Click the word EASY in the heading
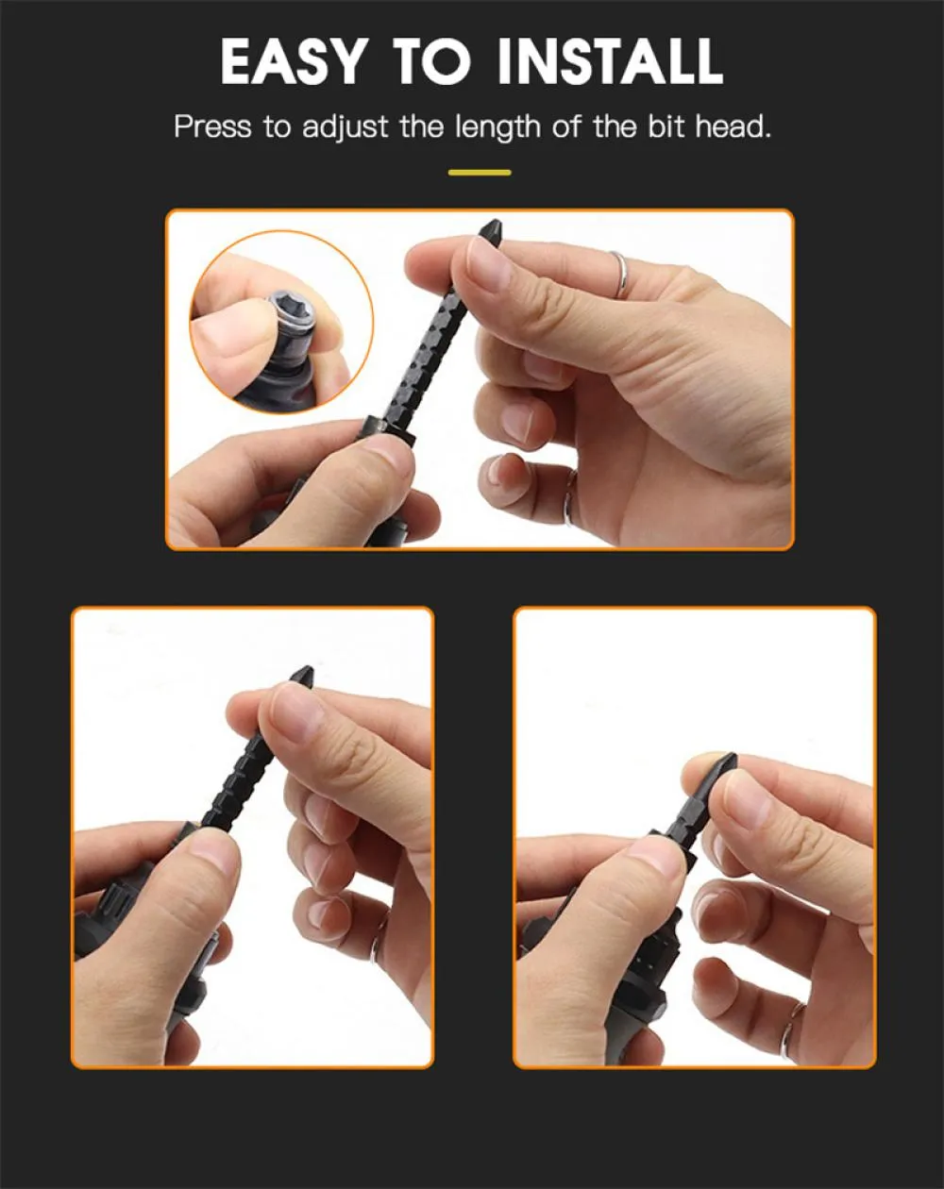[x=293, y=61]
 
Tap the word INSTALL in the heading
[x=610, y=61]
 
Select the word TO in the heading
[x=431, y=61]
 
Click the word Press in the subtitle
[x=212, y=127]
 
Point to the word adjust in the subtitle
[x=345, y=128]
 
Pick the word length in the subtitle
[x=497, y=128]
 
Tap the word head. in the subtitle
[x=733, y=127]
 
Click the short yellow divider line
[x=480, y=173]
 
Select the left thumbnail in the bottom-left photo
[x=212, y=855]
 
